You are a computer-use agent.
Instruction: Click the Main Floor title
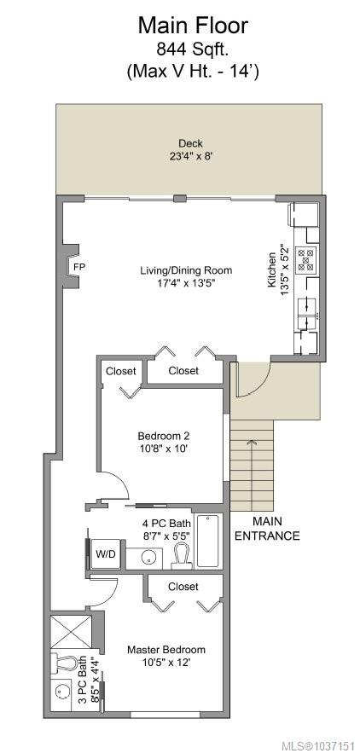coord(193,26)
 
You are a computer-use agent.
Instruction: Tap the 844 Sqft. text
coord(193,50)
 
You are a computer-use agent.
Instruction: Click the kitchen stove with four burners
coord(305,260)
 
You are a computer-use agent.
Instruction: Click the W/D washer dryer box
coord(105,554)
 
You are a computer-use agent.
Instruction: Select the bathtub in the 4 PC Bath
coord(208,541)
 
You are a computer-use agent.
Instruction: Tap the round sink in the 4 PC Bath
coord(148,557)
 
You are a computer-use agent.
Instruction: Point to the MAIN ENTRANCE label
coord(267,529)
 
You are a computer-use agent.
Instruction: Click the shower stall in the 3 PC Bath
coord(71,633)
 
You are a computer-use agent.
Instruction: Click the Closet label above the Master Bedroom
coord(183,587)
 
